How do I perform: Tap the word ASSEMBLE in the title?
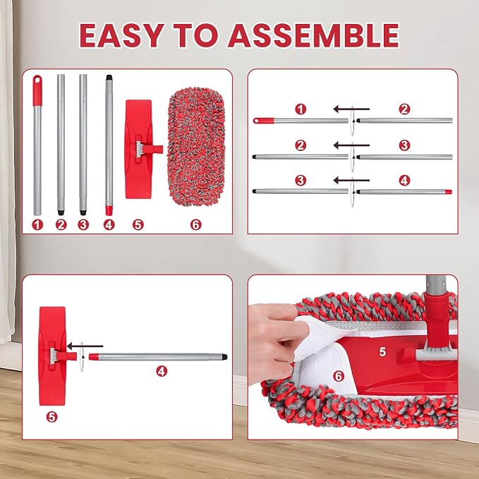pyautogui.click(x=314, y=35)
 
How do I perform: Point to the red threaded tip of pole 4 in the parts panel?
pyautogui.click(x=109, y=210)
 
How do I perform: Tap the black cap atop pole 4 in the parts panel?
pyautogui.click(x=109, y=78)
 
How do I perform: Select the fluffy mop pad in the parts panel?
pyautogui.click(x=196, y=147)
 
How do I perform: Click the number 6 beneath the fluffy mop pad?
pyautogui.click(x=195, y=225)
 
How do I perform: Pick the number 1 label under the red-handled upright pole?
pyautogui.click(x=37, y=225)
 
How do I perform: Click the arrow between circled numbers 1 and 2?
pyautogui.click(x=351, y=109)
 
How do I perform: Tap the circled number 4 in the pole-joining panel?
pyautogui.click(x=404, y=181)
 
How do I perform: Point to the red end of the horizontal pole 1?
pyautogui.click(x=264, y=121)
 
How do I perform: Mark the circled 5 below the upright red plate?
pyautogui.click(x=52, y=417)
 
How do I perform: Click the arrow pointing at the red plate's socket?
pyautogui.click(x=85, y=346)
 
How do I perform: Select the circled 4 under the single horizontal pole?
pyautogui.click(x=162, y=371)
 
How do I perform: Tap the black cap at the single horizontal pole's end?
pyautogui.click(x=224, y=357)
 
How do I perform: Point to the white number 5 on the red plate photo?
pyautogui.click(x=382, y=352)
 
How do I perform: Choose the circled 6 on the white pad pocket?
pyautogui.click(x=339, y=377)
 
